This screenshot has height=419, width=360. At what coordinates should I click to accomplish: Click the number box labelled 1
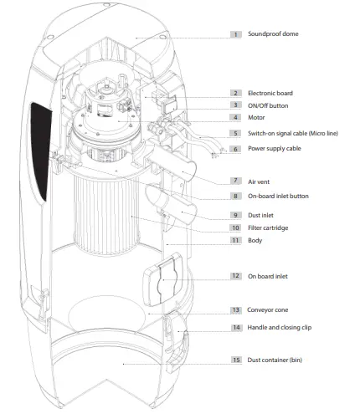[236, 34]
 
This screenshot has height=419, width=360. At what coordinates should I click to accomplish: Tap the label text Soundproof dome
[273, 33]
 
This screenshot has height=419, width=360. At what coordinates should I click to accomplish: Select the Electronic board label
[270, 93]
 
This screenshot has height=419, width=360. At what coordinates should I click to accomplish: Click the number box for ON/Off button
[236, 105]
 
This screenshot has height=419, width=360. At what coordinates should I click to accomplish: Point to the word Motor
[256, 117]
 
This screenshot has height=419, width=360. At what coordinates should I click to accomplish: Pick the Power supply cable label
[275, 148]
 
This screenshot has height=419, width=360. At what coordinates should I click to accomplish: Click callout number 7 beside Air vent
[236, 181]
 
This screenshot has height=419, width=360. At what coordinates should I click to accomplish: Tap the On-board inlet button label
[278, 196]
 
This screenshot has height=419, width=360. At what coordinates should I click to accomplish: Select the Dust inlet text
[260, 215]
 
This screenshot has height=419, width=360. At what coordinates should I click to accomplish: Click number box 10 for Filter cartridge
[236, 227]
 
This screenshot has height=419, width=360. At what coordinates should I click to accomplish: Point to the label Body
[255, 240]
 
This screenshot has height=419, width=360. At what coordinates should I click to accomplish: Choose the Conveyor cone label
[267, 309]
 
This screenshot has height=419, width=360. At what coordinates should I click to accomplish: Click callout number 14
[237, 327]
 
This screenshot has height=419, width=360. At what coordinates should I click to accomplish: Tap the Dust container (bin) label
[275, 360]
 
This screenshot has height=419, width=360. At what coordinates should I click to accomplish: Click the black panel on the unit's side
[41, 151]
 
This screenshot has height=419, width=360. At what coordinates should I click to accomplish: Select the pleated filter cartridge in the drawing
[106, 215]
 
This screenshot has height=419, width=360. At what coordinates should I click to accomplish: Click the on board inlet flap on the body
[163, 279]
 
